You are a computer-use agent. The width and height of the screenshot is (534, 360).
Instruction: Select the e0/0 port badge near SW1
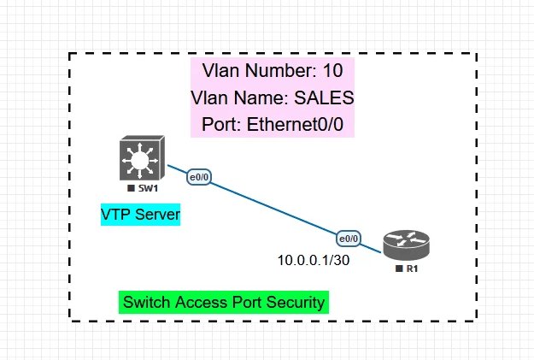point(199,178)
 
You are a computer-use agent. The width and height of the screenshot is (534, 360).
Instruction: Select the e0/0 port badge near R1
point(349,238)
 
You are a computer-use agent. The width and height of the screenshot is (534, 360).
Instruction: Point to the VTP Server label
point(141,215)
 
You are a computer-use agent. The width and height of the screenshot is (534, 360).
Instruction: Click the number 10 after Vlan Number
point(333,69)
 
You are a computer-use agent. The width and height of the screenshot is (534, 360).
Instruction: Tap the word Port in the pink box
point(220,124)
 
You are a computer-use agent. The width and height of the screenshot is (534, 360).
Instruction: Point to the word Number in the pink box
point(278,69)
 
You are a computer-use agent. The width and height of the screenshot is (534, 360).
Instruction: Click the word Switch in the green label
point(146,302)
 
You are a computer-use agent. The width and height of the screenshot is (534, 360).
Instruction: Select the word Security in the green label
point(296,302)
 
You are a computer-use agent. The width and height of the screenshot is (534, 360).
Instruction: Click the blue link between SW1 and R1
point(273,209)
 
